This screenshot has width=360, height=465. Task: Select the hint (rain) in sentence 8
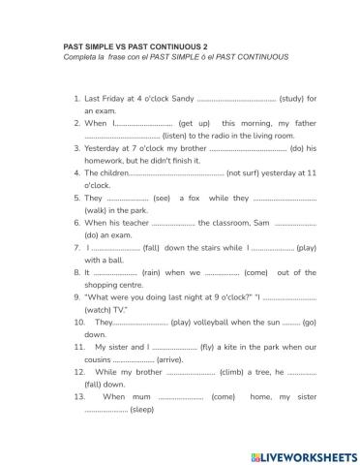156,272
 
